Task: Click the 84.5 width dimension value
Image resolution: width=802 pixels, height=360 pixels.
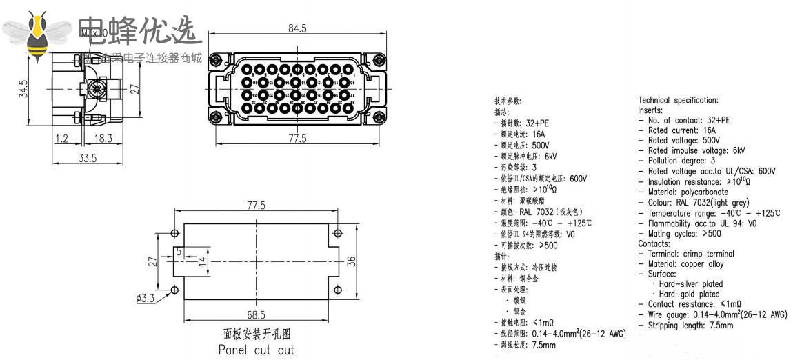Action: (297, 28)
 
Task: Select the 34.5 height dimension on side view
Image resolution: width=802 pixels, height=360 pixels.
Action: (24, 88)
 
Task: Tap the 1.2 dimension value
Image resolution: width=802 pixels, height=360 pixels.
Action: (62, 138)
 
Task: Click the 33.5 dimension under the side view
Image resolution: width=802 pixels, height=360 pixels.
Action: (88, 158)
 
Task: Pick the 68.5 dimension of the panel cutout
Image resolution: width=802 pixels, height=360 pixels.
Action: (257, 314)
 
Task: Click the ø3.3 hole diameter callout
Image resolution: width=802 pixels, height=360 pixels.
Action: (145, 299)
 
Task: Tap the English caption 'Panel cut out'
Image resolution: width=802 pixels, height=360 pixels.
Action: (256, 350)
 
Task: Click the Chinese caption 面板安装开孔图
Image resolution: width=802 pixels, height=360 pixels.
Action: (257, 334)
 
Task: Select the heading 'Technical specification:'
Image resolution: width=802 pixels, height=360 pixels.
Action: (678, 100)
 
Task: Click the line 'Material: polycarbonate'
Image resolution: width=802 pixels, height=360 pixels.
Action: (688, 192)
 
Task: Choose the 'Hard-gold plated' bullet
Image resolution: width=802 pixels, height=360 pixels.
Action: (689, 294)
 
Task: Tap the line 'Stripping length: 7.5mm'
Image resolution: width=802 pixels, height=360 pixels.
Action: (690, 325)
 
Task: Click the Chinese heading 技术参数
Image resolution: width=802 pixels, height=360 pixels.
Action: (512, 101)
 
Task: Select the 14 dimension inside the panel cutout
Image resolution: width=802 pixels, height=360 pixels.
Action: (202, 261)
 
